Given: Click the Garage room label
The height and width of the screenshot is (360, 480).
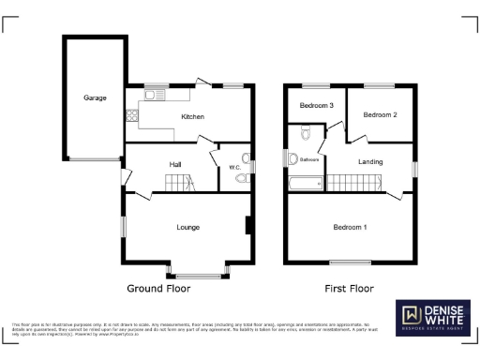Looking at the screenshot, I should pyautogui.click(x=94, y=97).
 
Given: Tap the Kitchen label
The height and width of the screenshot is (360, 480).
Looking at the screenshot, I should pyautogui.click(x=193, y=117).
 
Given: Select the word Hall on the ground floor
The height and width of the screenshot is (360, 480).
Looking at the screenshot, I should pyautogui.click(x=175, y=165).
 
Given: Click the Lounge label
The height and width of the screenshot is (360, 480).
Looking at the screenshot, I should pyautogui.click(x=188, y=227).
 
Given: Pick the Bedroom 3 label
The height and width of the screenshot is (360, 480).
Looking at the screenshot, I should pyautogui.click(x=317, y=105).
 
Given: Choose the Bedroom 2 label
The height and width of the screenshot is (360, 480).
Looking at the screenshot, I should pyautogui.click(x=381, y=115).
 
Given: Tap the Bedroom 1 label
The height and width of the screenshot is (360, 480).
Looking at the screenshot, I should pyautogui.click(x=350, y=227).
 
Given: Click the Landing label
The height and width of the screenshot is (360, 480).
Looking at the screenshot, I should pyautogui.click(x=370, y=162).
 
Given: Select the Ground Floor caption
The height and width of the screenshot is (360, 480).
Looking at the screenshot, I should pyautogui.click(x=158, y=289).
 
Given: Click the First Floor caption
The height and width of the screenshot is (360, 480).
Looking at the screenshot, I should pyautogui.click(x=350, y=289).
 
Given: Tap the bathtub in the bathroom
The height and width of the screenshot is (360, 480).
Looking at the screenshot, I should pyautogui.click(x=306, y=182).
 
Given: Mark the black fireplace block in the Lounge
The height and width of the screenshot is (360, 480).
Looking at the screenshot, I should pyautogui.click(x=247, y=226).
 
